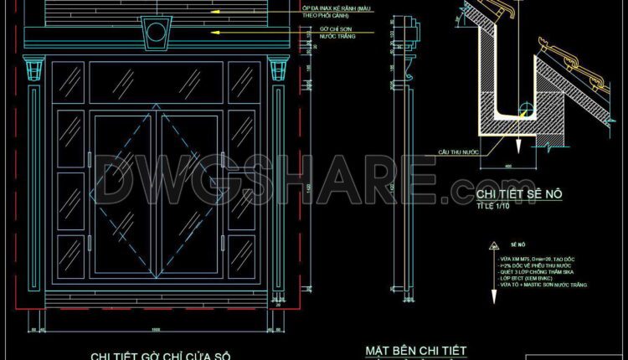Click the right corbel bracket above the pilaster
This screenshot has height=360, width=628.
279,66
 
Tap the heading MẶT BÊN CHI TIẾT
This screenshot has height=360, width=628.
416,351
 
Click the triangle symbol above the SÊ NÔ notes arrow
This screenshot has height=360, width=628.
488,249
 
